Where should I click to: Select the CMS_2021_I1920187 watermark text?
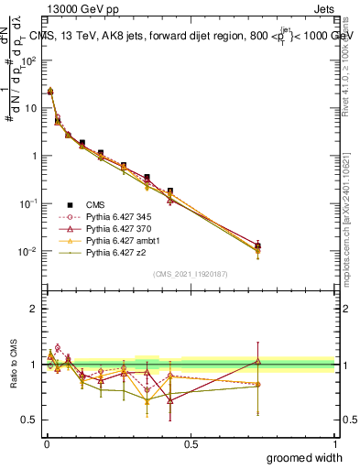point(191,274)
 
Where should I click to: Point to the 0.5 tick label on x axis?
point(191,443)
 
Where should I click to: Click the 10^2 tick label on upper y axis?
point(29,60)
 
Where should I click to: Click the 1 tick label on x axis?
point(333,443)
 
